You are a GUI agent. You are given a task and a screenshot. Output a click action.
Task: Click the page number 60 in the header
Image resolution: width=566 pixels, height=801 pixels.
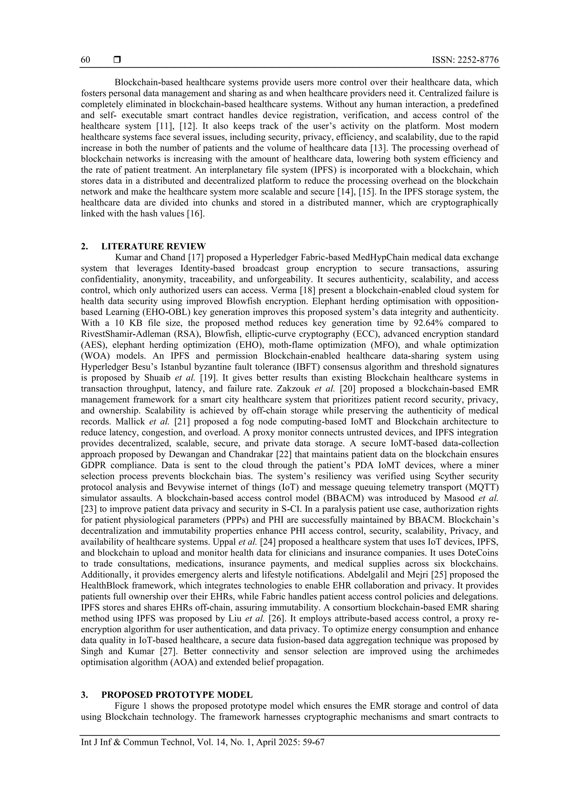point(85,60)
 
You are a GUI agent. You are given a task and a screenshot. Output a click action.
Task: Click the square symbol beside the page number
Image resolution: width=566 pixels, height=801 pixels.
point(117,60)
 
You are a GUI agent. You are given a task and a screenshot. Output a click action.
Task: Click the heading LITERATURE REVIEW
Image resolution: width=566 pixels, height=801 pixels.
point(153,247)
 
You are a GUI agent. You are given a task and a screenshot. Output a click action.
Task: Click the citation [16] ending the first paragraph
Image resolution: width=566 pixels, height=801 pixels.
point(195,214)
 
